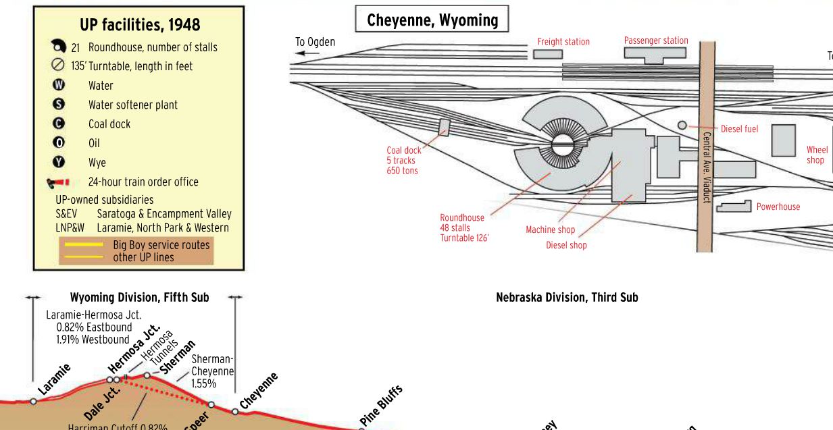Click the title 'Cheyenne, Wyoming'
coord(432,20)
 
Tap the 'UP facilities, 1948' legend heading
coord(140,25)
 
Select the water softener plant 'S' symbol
coord(58,105)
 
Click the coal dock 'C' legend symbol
coord(58,124)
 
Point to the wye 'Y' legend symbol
coord(58,162)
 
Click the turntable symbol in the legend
coord(58,66)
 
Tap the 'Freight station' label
coord(563,42)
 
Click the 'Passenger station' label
coord(655,41)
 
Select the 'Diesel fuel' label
coord(739,128)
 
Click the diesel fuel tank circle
coord(682,126)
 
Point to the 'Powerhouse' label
coord(778,207)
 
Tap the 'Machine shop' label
coord(550,230)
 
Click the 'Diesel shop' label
coord(566,246)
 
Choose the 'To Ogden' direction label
coord(315,42)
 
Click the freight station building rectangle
coord(547,54)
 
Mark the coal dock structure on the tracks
coord(445,127)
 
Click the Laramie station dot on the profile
coord(33,401)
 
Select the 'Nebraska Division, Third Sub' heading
coord(566,297)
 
